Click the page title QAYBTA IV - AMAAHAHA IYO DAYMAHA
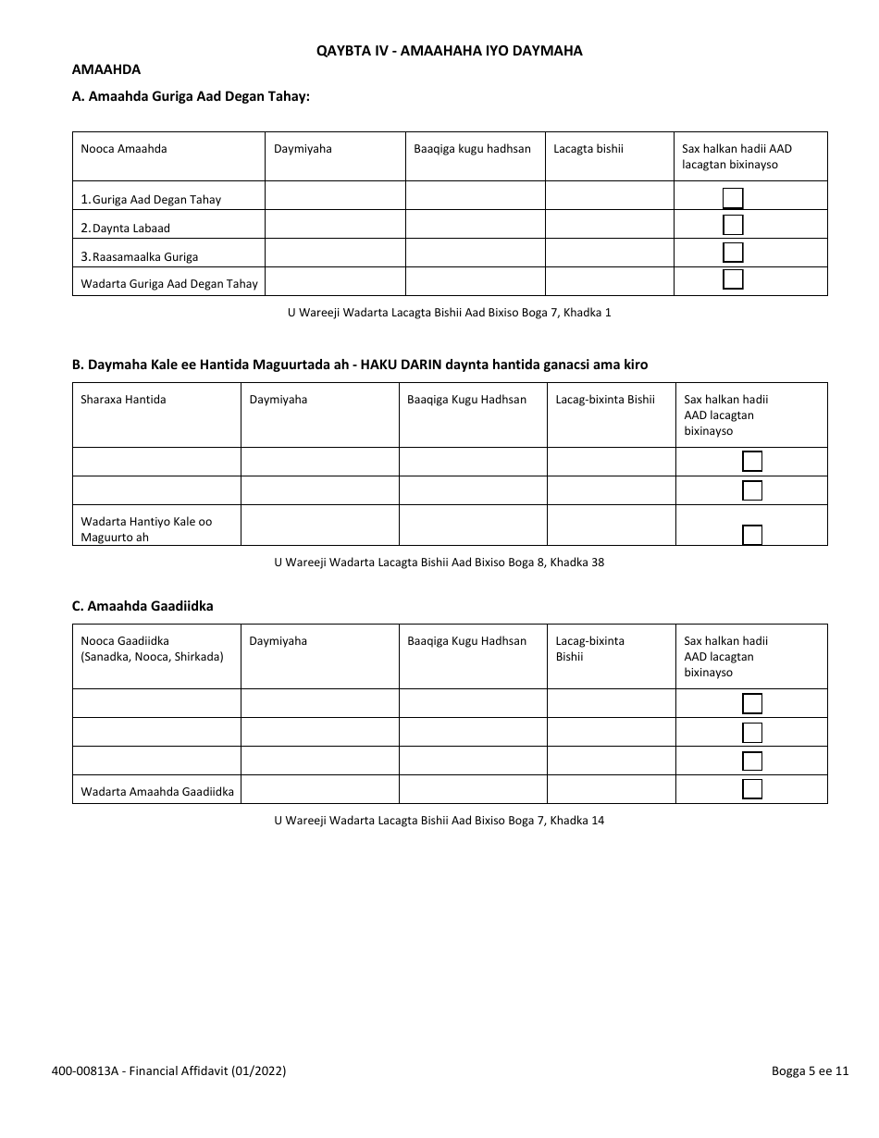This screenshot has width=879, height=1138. coord(449,51)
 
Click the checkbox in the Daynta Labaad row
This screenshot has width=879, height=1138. coord(733,225)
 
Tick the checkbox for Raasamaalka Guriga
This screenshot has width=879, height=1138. coord(733,253)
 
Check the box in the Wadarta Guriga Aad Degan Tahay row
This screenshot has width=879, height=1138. coord(733,280)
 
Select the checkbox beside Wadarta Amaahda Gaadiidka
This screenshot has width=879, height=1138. coord(752,789)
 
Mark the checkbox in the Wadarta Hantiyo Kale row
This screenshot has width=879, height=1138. coord(752,534)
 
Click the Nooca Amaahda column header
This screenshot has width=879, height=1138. coord(124,148)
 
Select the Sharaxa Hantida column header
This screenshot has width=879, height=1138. coord(123,400)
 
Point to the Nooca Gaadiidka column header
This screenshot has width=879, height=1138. coord(152,649)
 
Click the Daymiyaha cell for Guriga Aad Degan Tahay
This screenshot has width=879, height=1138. coord(335,196)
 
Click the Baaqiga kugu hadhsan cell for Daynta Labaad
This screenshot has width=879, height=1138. coord(475,225)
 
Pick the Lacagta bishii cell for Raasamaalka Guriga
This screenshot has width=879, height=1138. coord(609,254)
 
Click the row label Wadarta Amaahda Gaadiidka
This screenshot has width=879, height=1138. coord(157,791)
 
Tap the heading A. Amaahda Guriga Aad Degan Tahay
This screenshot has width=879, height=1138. coord(191,95)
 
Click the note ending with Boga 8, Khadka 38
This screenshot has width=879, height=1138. coord(439,562)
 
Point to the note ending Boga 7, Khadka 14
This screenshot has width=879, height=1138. coord(439,820)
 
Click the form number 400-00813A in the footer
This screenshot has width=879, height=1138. coord(168,1071)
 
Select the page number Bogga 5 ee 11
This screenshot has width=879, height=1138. coord(810,1071)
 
